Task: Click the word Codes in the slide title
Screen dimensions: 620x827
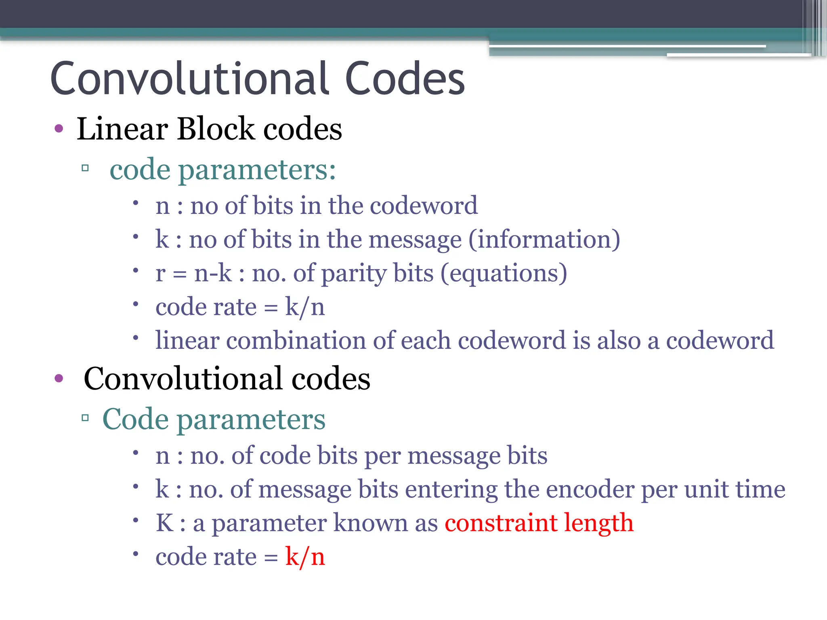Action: coord(405,79)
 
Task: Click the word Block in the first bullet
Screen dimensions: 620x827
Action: coord(216,129)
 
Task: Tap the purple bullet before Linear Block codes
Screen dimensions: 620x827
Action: coord(59,129)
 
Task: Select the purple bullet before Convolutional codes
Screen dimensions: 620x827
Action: coord(59,378)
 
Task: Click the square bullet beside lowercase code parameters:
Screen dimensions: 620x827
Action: coord(85,168)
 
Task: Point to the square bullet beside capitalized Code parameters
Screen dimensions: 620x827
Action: coord(85,417)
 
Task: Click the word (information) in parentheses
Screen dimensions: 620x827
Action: coord(544,239)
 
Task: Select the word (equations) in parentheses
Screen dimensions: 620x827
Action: coord(504,273)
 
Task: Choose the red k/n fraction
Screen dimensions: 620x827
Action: coord(305,557)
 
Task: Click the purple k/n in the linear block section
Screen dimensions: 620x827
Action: coord(305,307)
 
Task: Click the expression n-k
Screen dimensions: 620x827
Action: coord(213,273)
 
